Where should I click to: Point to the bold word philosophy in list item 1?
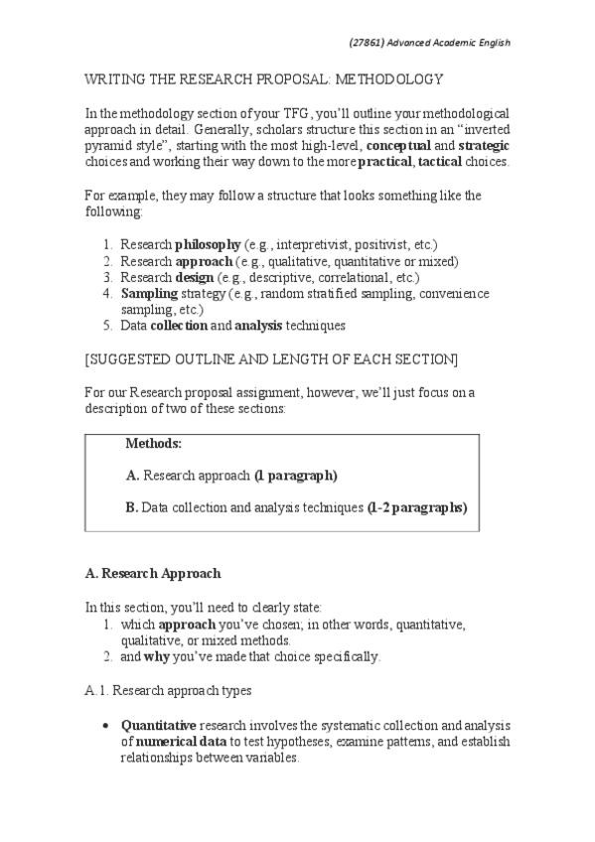click(x=208, y=245)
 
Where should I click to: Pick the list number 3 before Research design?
click(x=106, y=277)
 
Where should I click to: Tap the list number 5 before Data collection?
click(x=106, y=325)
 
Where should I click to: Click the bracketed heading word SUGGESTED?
click(x=141, y=357)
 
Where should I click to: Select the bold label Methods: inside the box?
click(x=154, y=444)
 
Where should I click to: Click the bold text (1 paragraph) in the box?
click(x=296, y=476)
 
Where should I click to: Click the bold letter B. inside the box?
click(x=132, y=507)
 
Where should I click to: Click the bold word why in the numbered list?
click(x=157, y=656)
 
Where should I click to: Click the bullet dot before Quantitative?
click(x=106, y=726)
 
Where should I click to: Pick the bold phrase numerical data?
click(x=175, y=741)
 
